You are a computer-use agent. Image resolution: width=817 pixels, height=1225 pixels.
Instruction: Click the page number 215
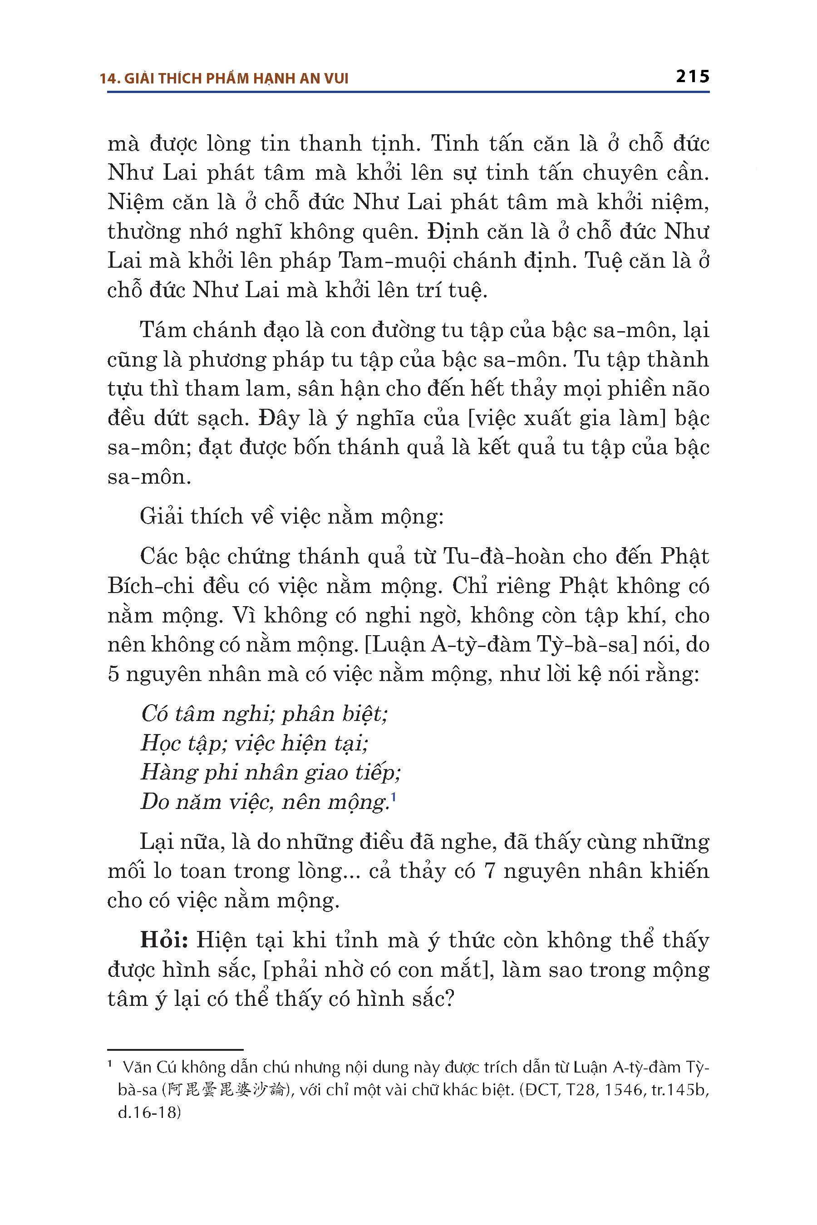tap(692, 77)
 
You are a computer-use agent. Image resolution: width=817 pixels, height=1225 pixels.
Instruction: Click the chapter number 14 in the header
tap(109, 78)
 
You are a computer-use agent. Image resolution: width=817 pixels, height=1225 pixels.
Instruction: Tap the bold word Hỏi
tap(164, 940)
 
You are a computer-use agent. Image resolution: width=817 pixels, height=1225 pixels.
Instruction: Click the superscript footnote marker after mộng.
tap(394, 796)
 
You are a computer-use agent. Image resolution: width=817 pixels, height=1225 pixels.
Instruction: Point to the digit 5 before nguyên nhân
tap(113, 675)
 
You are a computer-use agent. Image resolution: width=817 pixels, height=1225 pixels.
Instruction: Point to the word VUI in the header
tap(335, 78)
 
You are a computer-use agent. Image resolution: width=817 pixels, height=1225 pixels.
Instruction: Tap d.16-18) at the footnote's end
tap(149, 1112)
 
